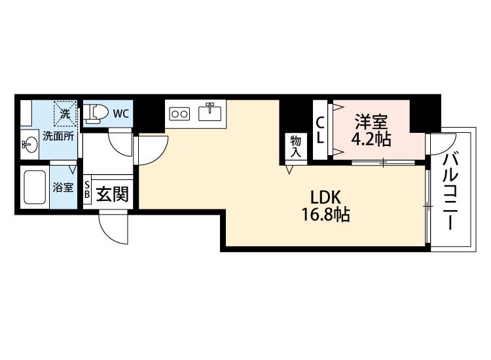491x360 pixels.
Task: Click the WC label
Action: (121, 114)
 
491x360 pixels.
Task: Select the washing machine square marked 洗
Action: (65, 113)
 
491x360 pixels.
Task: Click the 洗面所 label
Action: (58, 137)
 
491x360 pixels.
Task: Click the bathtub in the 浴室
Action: (35, 187)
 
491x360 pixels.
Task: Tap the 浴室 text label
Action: (63, 187)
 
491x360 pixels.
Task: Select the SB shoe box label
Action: (86, 189)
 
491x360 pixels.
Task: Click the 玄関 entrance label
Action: (112, 194)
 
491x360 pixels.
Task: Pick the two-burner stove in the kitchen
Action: (179, 113)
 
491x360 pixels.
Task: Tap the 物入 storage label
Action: (295, 147)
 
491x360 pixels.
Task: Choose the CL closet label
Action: (319, 130)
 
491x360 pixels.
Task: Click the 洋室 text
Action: (371, 122)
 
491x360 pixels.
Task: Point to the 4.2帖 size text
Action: (371, 139)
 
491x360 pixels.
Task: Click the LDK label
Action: (325, 198)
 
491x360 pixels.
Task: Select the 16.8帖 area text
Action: (325, 215)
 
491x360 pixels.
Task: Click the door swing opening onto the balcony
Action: (443, 144)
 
